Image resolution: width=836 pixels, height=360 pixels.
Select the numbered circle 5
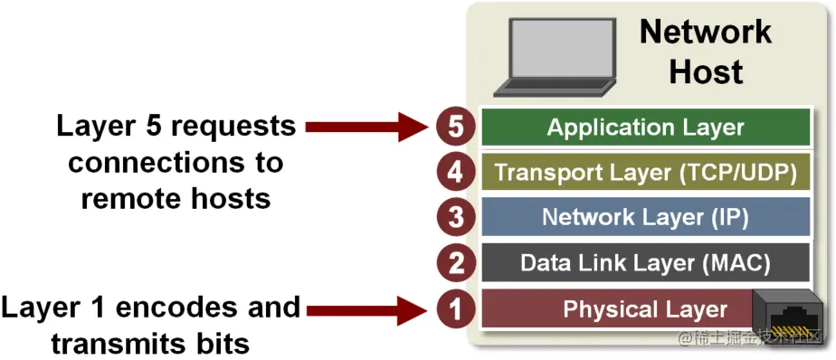(x=456, y=128)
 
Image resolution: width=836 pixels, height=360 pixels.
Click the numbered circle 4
(x=456, y=172)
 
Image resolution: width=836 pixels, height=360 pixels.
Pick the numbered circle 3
(x=456, y=218)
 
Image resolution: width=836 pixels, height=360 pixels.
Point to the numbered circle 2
(x=456, y=263)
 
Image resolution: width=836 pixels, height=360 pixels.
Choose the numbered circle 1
(x=456, y=308)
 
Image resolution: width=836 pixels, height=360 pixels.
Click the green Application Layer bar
(x=645, y=128)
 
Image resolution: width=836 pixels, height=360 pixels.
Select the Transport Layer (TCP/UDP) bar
(x=645, y=172)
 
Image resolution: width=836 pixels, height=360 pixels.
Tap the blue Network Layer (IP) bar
(x=645, y=218)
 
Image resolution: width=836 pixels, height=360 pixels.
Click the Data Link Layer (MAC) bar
(x=645, y=263)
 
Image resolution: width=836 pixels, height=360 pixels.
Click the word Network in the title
(x=706, y=33)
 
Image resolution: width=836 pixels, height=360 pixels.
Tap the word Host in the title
(x=706, y=72)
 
